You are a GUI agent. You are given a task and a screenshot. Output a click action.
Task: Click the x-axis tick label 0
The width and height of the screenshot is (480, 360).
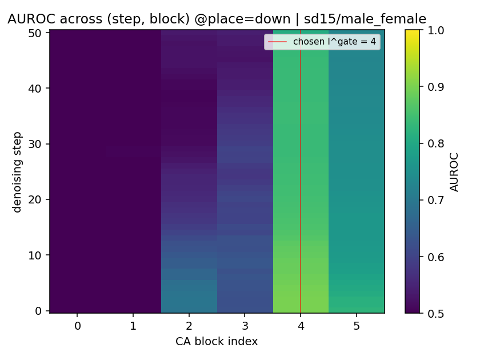point(78,326)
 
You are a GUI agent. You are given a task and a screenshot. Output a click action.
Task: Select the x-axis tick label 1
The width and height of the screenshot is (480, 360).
point(133,326)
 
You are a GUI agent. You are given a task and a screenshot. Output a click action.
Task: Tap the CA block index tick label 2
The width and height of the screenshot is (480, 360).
point(189,326)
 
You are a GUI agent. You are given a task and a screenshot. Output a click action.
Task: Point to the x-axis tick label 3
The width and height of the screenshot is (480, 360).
point(245,326)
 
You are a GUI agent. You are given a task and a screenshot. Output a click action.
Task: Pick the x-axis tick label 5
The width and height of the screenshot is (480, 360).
point(357,326)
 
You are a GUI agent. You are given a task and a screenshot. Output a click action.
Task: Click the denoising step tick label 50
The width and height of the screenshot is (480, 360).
point(35,33)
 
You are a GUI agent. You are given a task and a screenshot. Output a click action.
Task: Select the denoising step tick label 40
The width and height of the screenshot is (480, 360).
point(35,89)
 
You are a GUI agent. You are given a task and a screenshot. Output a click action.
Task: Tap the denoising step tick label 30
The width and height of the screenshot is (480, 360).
point(35,144)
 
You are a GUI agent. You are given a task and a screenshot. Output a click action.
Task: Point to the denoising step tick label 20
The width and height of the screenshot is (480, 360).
point(35,199)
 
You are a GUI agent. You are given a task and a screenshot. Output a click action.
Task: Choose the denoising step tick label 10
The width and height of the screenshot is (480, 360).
point(35,255)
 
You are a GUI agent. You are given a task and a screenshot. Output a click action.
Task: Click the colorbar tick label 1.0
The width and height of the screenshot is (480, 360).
point(436,30)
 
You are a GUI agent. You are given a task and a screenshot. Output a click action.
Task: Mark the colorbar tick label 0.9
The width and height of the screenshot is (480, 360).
point(436,87)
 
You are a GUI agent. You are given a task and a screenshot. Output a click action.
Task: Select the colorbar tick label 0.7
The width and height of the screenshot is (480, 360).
point(436,200)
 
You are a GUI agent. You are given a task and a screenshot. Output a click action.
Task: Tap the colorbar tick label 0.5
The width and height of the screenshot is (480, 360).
point(436,314)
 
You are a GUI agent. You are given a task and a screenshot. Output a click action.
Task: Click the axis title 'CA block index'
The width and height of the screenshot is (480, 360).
point(217,341)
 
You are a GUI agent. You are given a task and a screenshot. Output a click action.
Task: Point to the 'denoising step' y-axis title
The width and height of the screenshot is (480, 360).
point(17,173)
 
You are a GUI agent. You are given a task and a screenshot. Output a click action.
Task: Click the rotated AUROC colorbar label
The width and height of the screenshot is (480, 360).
point(454,172)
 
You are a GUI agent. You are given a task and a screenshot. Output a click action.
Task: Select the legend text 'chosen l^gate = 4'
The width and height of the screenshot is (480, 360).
point(334,42)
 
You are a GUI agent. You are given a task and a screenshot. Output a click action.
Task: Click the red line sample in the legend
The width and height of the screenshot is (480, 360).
point(277,42)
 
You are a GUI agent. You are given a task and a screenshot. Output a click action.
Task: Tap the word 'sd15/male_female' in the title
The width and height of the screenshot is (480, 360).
point(365,19)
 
